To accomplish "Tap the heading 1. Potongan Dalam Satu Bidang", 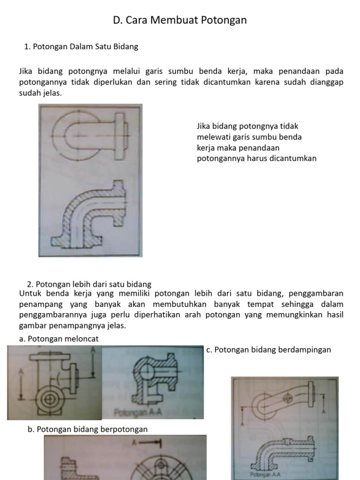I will pyautogui.click(x=81, y=47).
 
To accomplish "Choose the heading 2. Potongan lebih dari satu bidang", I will pyautogui.click(x=89, y=284).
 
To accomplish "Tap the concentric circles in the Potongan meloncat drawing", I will pyautogui.click(x=49, y=400).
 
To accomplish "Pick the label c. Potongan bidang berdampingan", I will pyautogui.click(x=269, y=350).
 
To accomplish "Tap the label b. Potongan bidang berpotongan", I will pyautogui.click(x=88, y=429).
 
